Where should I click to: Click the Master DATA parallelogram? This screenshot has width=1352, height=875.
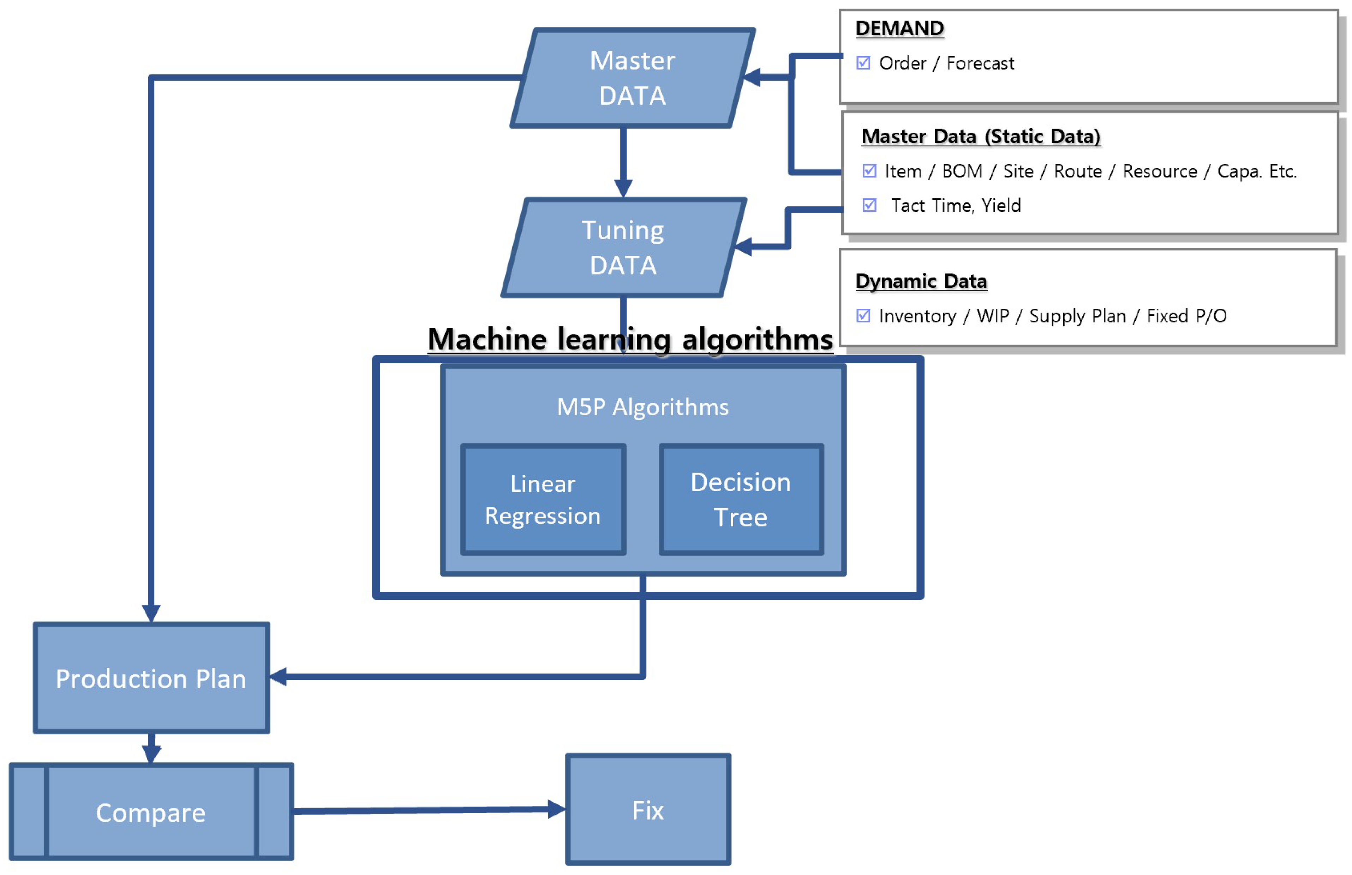tap(632, 78)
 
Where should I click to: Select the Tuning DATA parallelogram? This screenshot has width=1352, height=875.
tap(623, 248)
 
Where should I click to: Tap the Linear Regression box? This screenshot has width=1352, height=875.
tap(543, 499)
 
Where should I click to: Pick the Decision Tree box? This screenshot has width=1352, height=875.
tap(741, 499)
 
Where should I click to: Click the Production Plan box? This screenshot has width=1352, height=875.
tap(151, 678)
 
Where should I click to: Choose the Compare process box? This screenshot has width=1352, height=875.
tap(151, 811)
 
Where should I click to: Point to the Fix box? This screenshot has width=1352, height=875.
tap(648, 809)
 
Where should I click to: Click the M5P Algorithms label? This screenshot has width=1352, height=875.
tap(642, 407)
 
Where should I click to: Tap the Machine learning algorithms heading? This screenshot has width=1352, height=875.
tap(630, 339)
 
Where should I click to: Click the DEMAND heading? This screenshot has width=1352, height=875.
tap(899, 28)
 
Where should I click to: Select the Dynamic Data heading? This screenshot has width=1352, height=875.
tap(921, 281)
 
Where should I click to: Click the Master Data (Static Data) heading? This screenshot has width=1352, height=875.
tap(981, 136)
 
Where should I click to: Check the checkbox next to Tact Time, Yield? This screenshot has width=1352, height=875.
tap(869, 205)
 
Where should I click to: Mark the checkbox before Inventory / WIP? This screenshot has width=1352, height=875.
tap(863, 316)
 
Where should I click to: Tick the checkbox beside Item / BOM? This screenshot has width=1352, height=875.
tap(869, 171)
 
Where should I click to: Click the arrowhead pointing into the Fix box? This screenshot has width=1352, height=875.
tap(557, 809)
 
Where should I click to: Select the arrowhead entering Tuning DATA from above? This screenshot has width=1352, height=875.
tap(623, 188)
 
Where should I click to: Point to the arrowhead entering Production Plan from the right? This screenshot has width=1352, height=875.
tap(279, 676)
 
